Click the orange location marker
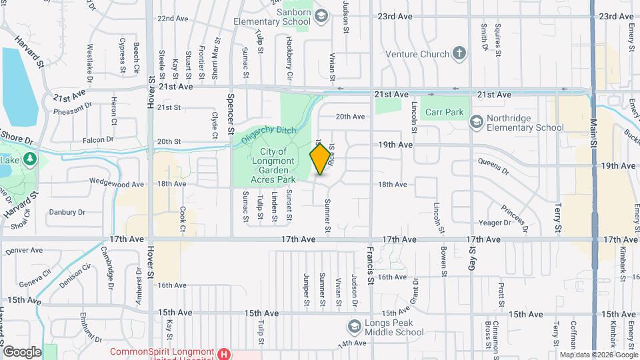tap(321, 159)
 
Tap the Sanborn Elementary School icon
tap(321, 16)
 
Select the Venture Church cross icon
tap(459, 53)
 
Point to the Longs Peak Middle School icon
tap(354, 327)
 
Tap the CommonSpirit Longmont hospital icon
tap(225, 353)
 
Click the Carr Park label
tap(445, 113)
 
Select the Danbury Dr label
tap(67, 213)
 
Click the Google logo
tap(22, 351)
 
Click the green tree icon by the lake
tap(29, 159)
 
